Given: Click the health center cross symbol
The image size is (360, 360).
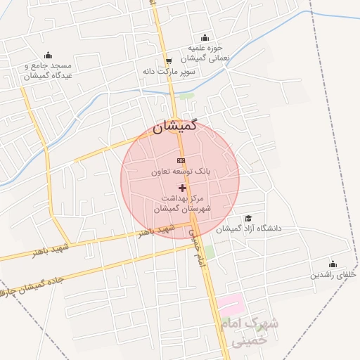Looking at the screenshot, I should [x=183, y=188].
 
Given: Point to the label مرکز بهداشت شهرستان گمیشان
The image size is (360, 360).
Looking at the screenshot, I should [x=183, y=204].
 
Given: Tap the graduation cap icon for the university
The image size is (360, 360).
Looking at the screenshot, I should [x=247, y=219].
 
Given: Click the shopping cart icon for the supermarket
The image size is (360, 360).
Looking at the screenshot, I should [x=167, y=61].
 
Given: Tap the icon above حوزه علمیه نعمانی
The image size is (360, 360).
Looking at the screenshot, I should [x=205, y=38].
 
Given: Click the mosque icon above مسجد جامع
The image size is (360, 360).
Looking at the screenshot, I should [x=48, y=56].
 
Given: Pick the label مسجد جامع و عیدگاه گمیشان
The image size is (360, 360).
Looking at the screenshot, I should [x=48, y=70].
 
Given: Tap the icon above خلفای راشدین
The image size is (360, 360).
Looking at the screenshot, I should [x=333, y=264].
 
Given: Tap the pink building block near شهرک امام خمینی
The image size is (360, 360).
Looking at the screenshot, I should [x=229, y=304].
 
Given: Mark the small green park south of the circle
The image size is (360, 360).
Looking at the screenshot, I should [x=210, y=251].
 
